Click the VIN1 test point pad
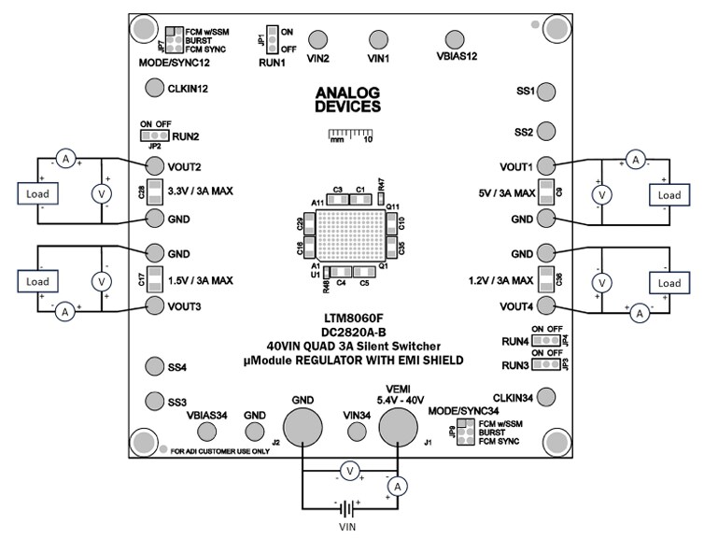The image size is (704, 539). coord(377,39)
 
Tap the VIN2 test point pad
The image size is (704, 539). coord(318,39)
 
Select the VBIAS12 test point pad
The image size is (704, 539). coord(454,39)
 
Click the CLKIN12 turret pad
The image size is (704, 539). coord(155,89)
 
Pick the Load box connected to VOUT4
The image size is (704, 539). coord(669,283)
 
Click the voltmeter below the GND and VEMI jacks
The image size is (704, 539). coord(348,472)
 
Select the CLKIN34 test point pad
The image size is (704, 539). coord(548,398)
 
